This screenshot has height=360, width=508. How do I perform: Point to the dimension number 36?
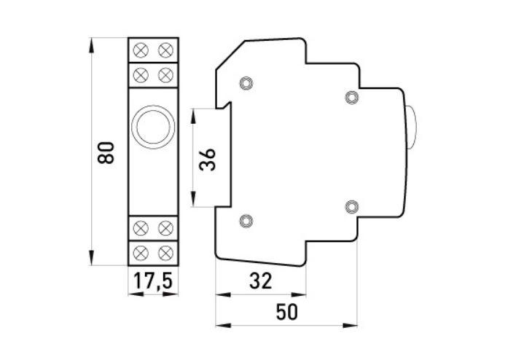click(x=208, y=158)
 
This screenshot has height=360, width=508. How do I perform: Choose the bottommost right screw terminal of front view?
click(x=165, y=251)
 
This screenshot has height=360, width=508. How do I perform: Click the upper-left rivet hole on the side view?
click(x=245, y=82)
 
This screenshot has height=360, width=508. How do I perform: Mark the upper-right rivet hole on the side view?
click(x=351, y=96)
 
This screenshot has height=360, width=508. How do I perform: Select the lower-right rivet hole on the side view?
click(x=351, y=206)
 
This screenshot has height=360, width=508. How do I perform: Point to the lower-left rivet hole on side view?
click(x=245, y=220)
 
